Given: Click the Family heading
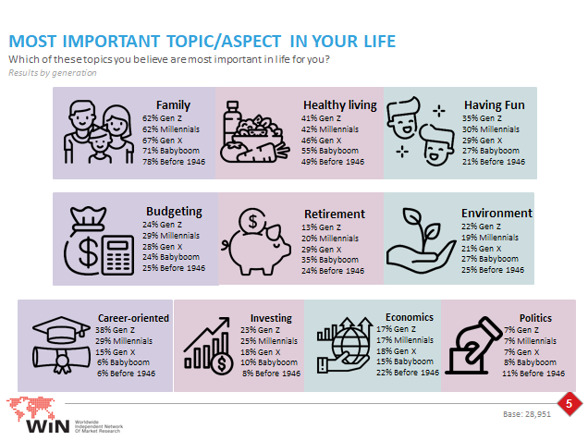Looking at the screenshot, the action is coord(173,105).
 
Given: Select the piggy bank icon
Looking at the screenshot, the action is coord(256,242).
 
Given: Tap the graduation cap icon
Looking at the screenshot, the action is coord(61,330).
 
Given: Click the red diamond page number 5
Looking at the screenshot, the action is coord(570,404).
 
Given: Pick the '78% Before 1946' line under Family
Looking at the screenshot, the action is coord(174,162).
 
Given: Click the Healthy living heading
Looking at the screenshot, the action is coord(340,105).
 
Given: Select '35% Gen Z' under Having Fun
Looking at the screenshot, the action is coord(482,118).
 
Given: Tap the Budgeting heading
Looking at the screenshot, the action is coord(174,212).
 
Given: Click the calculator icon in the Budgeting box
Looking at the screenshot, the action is coord(117,255).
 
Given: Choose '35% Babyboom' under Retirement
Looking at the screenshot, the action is coord(330,260).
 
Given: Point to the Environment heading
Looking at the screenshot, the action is coord(496,213).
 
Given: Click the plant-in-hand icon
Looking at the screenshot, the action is coord(422,240).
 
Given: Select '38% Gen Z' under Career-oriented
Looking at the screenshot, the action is coord(116,330).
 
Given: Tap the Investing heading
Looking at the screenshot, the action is coord(271,318).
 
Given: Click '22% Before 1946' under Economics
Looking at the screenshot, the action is coord(408,373).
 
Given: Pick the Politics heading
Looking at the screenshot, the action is coord(535,318).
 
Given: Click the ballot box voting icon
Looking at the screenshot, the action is coord(473,346).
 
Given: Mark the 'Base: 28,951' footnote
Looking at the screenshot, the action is coord(527,414).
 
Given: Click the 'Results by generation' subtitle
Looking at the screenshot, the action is coord(53,73).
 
